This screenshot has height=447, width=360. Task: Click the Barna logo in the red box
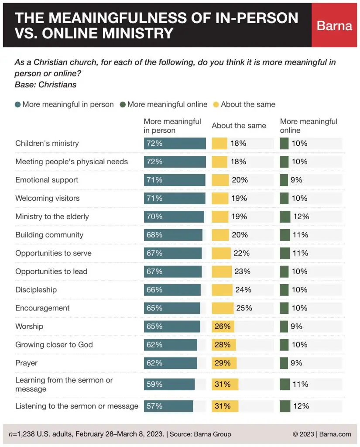tap(334, 25)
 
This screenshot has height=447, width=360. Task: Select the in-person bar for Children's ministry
tap(175, 144)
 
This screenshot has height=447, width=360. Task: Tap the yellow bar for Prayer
tap(224, 363)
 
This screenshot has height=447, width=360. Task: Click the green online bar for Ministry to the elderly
tap(285, 217)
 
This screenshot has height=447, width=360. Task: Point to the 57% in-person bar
tap(168, 406)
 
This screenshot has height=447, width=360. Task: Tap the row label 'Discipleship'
tap(36, 290)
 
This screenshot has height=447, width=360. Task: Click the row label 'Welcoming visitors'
tap(48, 198)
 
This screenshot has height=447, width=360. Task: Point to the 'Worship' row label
tap(29, 327)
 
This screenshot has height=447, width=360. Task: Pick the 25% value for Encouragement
tap(244, 308)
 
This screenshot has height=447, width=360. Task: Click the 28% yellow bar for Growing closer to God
tap(224, 345)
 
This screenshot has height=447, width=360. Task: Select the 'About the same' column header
tap(239, 126)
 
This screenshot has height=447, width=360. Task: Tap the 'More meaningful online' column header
tap(309, 126)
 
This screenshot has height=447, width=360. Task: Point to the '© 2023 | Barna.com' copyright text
tap(322, 434)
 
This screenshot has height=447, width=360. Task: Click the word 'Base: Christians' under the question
tap(46, 85)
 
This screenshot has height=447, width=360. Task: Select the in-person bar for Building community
tap(173, 235)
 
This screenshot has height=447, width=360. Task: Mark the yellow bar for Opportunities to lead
tap(222, 272)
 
